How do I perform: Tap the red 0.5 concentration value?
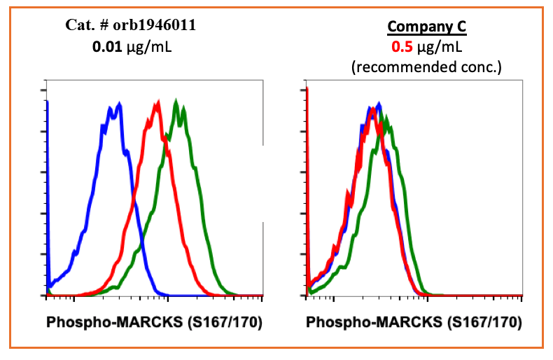(x=402, y=48)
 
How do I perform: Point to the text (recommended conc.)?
(x=427, y=67)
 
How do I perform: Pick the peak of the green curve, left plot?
(x=176, y=101)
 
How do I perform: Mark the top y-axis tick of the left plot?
(x=45, y=90)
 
